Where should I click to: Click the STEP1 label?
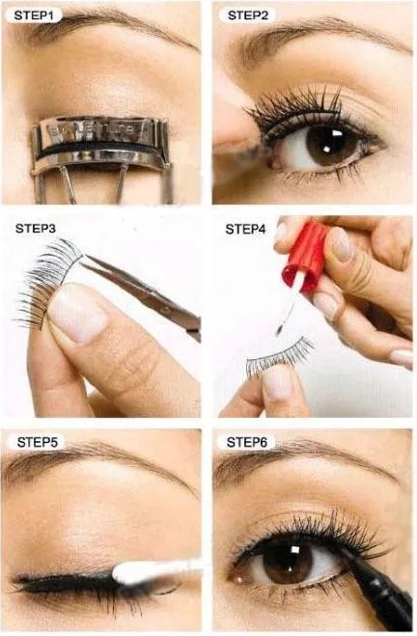[x=34, y=15]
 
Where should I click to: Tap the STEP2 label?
[x=248, y=15]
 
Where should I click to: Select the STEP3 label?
[x=36, y=229]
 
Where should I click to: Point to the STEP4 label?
[x=245, y=229]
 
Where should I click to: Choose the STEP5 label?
[x=39, y=442]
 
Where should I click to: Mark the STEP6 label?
[x=247, y=442]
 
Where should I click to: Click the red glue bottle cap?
[x=306, y=257]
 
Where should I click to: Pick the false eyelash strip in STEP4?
[x=281, y=356]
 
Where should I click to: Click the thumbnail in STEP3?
[x=77, y=312]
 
